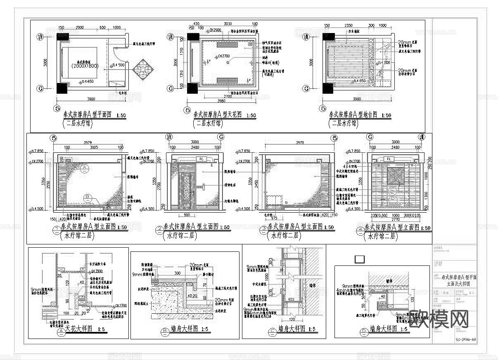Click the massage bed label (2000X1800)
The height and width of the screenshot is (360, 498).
pos(86,66)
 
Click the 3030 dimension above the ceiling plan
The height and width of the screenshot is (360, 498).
pos(228,24)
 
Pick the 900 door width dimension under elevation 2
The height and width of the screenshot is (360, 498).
pos(187,215)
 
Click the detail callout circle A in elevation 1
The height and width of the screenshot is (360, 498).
pos(85,167)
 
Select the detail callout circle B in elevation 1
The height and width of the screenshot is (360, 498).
pos(88,197)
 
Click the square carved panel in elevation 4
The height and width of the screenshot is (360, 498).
pos(394,175)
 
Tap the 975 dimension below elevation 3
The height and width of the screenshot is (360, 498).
pos(274,218)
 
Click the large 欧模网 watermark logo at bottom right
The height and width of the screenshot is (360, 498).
pos(439,319)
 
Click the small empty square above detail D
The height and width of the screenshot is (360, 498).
pos(360,259)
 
